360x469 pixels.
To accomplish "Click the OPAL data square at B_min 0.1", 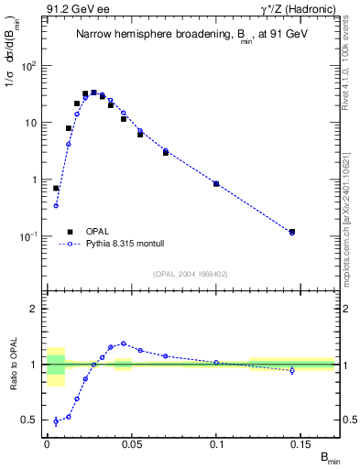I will click(x=216, y=184).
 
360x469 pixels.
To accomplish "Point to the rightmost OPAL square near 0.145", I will click(x=292, y=232).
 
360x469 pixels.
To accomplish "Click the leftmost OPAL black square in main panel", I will click(x=56, y=188).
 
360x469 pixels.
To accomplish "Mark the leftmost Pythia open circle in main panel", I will click(x=56, y=205).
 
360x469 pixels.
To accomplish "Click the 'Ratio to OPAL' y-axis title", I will click(x=13, y=365).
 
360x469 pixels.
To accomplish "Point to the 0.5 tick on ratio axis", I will click(x=32, y=420).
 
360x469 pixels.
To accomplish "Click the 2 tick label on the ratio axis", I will click(x=34, y=309).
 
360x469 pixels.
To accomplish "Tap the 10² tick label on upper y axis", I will click(x=28, y=66).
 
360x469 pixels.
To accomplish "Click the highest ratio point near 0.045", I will click(x=124, y=344).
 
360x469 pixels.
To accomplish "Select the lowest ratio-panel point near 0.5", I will click(x=56, y=421).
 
